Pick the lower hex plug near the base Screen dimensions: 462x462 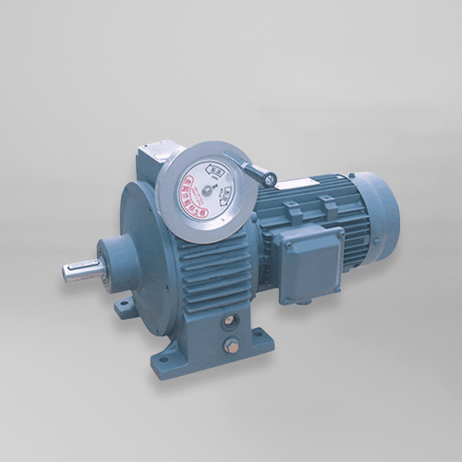coord(233,346)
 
